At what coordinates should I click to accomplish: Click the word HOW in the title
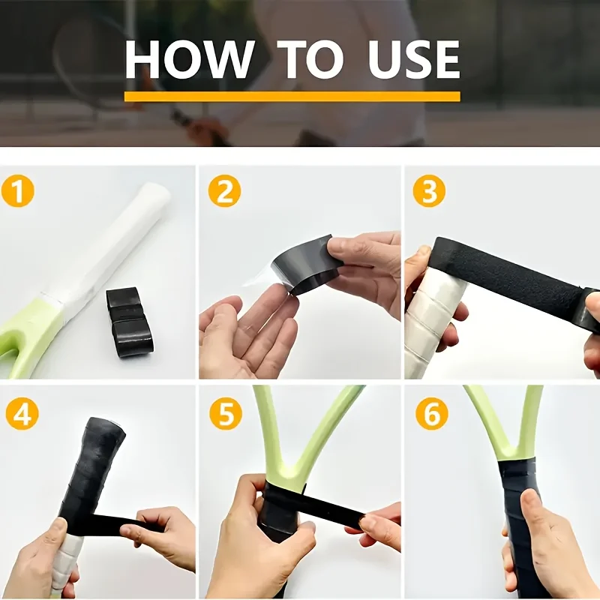[189, 59]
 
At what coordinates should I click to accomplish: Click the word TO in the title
[310, 59]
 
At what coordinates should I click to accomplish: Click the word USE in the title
[414, 59]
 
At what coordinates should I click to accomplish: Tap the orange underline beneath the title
[292, 97]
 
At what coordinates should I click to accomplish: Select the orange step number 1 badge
[18, 191]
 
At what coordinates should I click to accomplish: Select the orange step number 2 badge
[224, 191]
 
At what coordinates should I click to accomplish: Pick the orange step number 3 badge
[429, 191]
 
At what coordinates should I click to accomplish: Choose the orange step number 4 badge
[22, 414]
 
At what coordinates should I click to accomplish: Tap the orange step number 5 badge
[226, 414]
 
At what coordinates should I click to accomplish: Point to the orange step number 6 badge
[432, 414]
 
